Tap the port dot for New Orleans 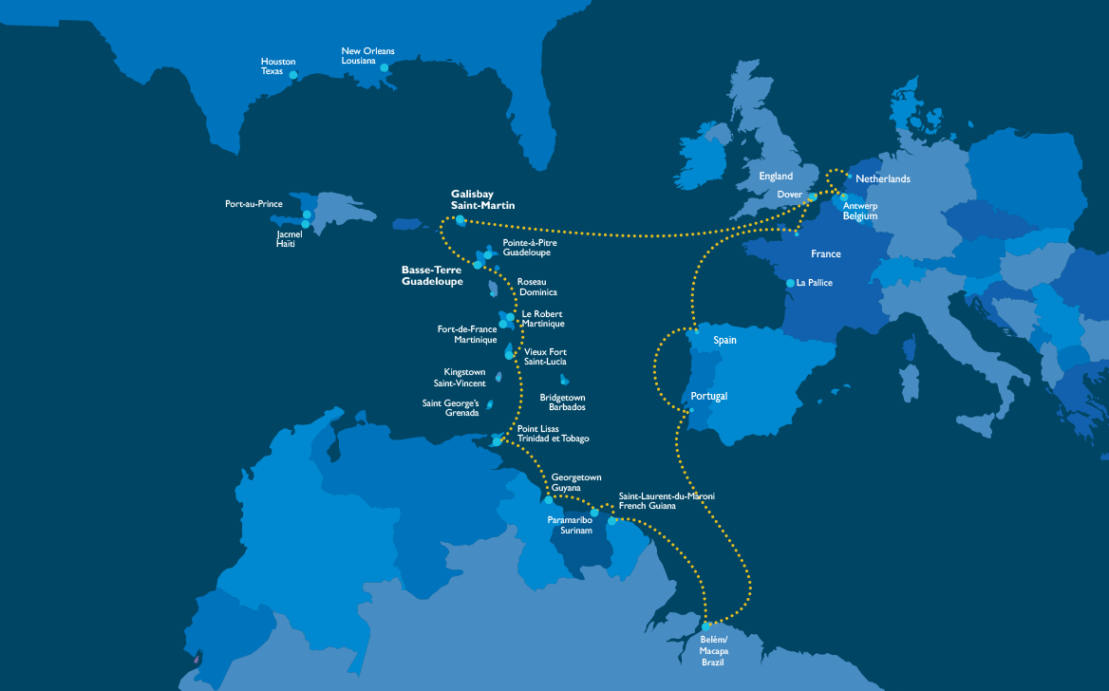click(x=385, y=67)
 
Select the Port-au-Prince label click(x=254, y=204)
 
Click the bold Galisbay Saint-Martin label click(x=482, y=199)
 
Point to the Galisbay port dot click(x=461, y=220)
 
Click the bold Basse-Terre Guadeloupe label click(x=432, y=275)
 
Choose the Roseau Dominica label click(x=536, y=287)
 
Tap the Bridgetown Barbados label click(x=562, y=402)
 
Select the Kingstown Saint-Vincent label click(x=464, y=377)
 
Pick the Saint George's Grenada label click(x=451, y=407)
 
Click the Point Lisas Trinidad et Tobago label click(x=553, y=434)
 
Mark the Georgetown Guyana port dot click(x=549, y=499)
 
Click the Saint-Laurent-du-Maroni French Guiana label click(x=667, y=501)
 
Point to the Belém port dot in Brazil click(x=706, y=626)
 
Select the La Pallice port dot click(x=790, y=283)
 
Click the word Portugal click(x=709, y=396)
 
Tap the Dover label click(x=789, y=195)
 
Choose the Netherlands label click(x=882, y=179)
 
